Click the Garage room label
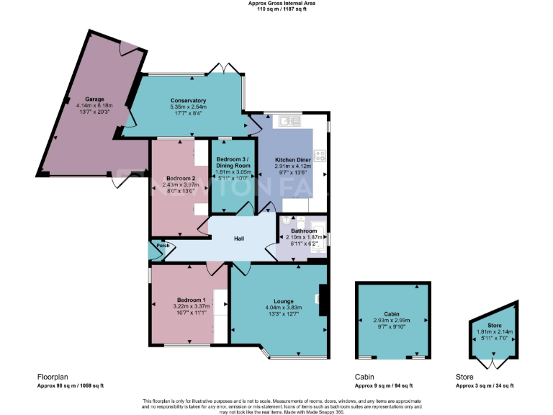point(95,99)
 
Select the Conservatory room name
point(189,100)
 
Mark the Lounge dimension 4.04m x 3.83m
point(283,308)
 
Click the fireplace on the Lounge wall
point(323,299)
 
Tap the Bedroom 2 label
point(178,177)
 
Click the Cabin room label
point(392,314)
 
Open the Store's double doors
point(492,357)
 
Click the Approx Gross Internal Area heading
point(282,4)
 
